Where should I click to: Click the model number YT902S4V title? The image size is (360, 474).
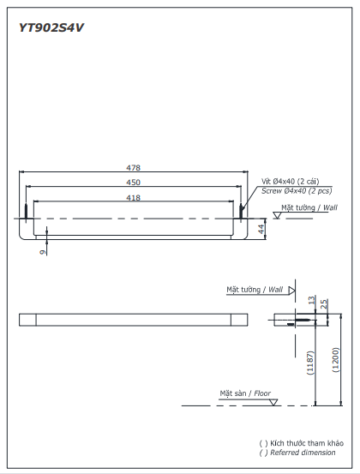(x=51, y=27)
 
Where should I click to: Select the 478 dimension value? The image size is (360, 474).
(x=133, y=169)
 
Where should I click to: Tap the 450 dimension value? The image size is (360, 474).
(x=133, y=183)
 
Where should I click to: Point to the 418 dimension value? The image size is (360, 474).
(x=133, y=197)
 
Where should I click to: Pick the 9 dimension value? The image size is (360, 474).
(x=41, y=251)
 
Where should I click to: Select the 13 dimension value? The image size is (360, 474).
(x=312, y=299)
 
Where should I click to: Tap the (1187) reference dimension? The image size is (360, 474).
(x=311, y=363)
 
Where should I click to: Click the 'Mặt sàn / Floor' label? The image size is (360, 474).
(x=244, y=393)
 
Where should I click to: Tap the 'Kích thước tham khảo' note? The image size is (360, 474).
(x=299, y=443)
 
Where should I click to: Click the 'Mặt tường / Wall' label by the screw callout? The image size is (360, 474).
(x=309, y=207)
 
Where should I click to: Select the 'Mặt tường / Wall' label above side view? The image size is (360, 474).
(x=255, y=290)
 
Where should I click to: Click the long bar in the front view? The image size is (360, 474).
(x=133, y=321)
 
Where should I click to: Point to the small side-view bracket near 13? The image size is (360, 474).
(x=294, y=321)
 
